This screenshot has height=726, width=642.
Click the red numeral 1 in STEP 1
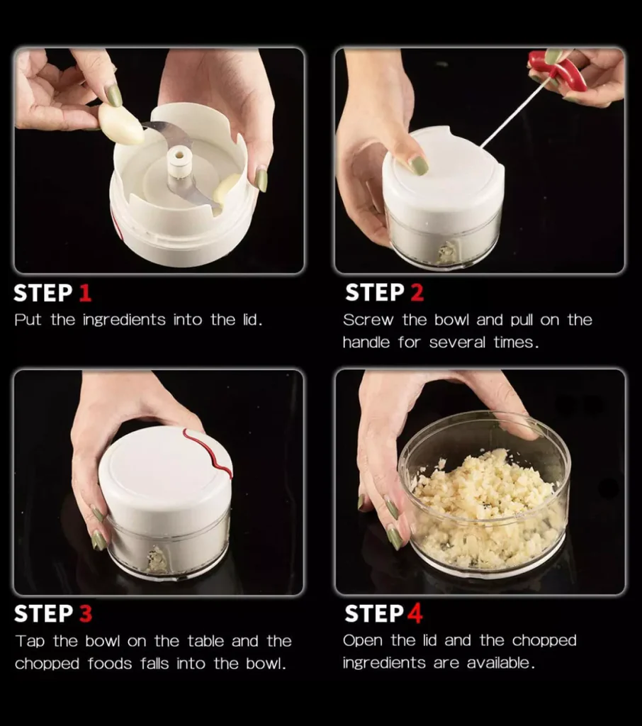[84, 293]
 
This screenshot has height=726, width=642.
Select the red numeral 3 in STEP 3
[85, 613]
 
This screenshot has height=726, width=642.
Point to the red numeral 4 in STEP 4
[414, 613]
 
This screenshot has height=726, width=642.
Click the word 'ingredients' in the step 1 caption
[124, 320]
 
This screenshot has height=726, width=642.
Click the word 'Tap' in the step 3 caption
[30, 641]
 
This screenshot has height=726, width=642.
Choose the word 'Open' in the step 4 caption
[364, 640]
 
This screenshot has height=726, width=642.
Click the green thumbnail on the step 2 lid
[419, 165]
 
